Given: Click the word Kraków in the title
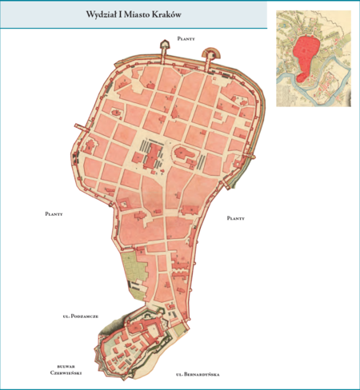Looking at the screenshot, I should click(x=165, y=15).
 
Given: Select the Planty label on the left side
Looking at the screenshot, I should click(x=54, y=214).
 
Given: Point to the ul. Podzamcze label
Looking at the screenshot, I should click(x=79, y=317).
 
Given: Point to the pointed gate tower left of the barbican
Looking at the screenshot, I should click(x=166, y=52).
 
